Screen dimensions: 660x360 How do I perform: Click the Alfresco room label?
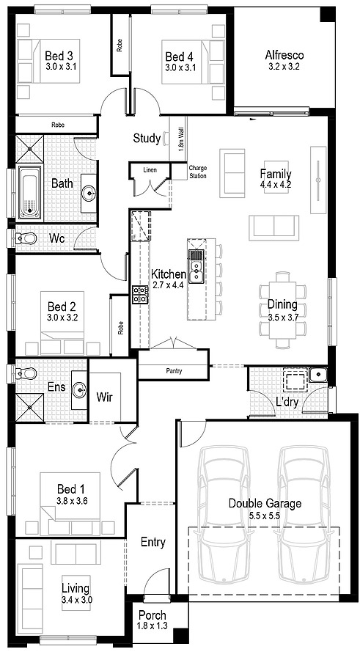pyautogui.click(x=284, y=54)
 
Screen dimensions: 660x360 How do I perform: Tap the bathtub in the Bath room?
pyautogui.click(x=29, y=193)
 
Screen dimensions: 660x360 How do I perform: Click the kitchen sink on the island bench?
pyautogui.click(x=196, y=265)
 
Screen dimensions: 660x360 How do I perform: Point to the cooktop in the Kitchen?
pyautogui.click(x=139, y=294)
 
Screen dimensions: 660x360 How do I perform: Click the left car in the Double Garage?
pyautogui.click(x=224, y=506)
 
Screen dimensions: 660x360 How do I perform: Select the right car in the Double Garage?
pyautogui.click(x=301, y=506)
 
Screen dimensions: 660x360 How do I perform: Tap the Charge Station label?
pyautogui.click(x=198, y=172)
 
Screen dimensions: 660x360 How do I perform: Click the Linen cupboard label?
pyautogui.click(x=150, y=170)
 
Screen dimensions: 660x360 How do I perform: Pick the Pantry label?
pyautogui.click(x=174, y=371)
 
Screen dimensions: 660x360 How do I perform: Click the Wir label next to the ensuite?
pyautogui.click(x=105, y=397)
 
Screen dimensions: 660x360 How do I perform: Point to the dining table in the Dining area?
pyautogui.click(x=282, y=305)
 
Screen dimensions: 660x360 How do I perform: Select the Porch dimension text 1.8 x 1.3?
pyautogui.click(x=152, y=626)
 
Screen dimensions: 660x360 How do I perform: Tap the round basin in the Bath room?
pyautogui.click(x=89, y=194)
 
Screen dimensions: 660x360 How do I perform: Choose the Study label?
pyautogui.click(x=147, y=138)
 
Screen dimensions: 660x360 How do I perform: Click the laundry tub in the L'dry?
pyautogui.click(x=317, y=375)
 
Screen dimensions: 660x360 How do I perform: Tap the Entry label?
pyautogui.click(x=153, y=543)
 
